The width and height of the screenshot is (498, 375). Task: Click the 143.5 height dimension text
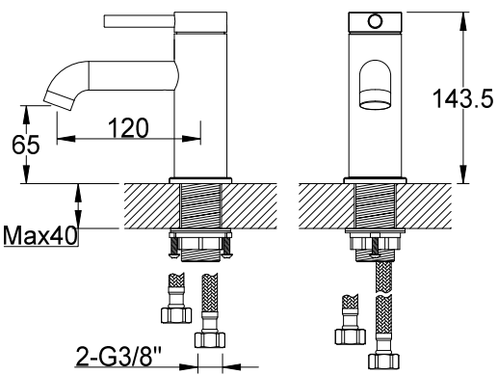pyautogui.click(x=462, y=98)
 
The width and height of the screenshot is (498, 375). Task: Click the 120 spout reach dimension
pyautogui.click(x=128, y=128)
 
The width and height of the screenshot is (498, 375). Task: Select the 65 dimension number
pyautogui.click(x=26, y=145)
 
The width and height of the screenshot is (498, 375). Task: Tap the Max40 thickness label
pyautogui.click(x=40, y=235)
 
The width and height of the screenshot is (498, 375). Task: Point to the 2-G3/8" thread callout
pyautogui.click(x=118, y=357)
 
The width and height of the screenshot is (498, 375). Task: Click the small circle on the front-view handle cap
pyautogui.click(x=375, y=22)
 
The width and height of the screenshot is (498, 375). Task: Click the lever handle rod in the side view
pyautogui.click(x=140, y=21)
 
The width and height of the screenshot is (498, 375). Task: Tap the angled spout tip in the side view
pyautogui.click(x=60, y=100)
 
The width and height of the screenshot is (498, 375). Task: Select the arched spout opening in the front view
pyautogui.click(x=375, y=84)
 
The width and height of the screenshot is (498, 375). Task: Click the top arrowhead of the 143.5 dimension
pyautogui.click(x=462, y=21)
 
